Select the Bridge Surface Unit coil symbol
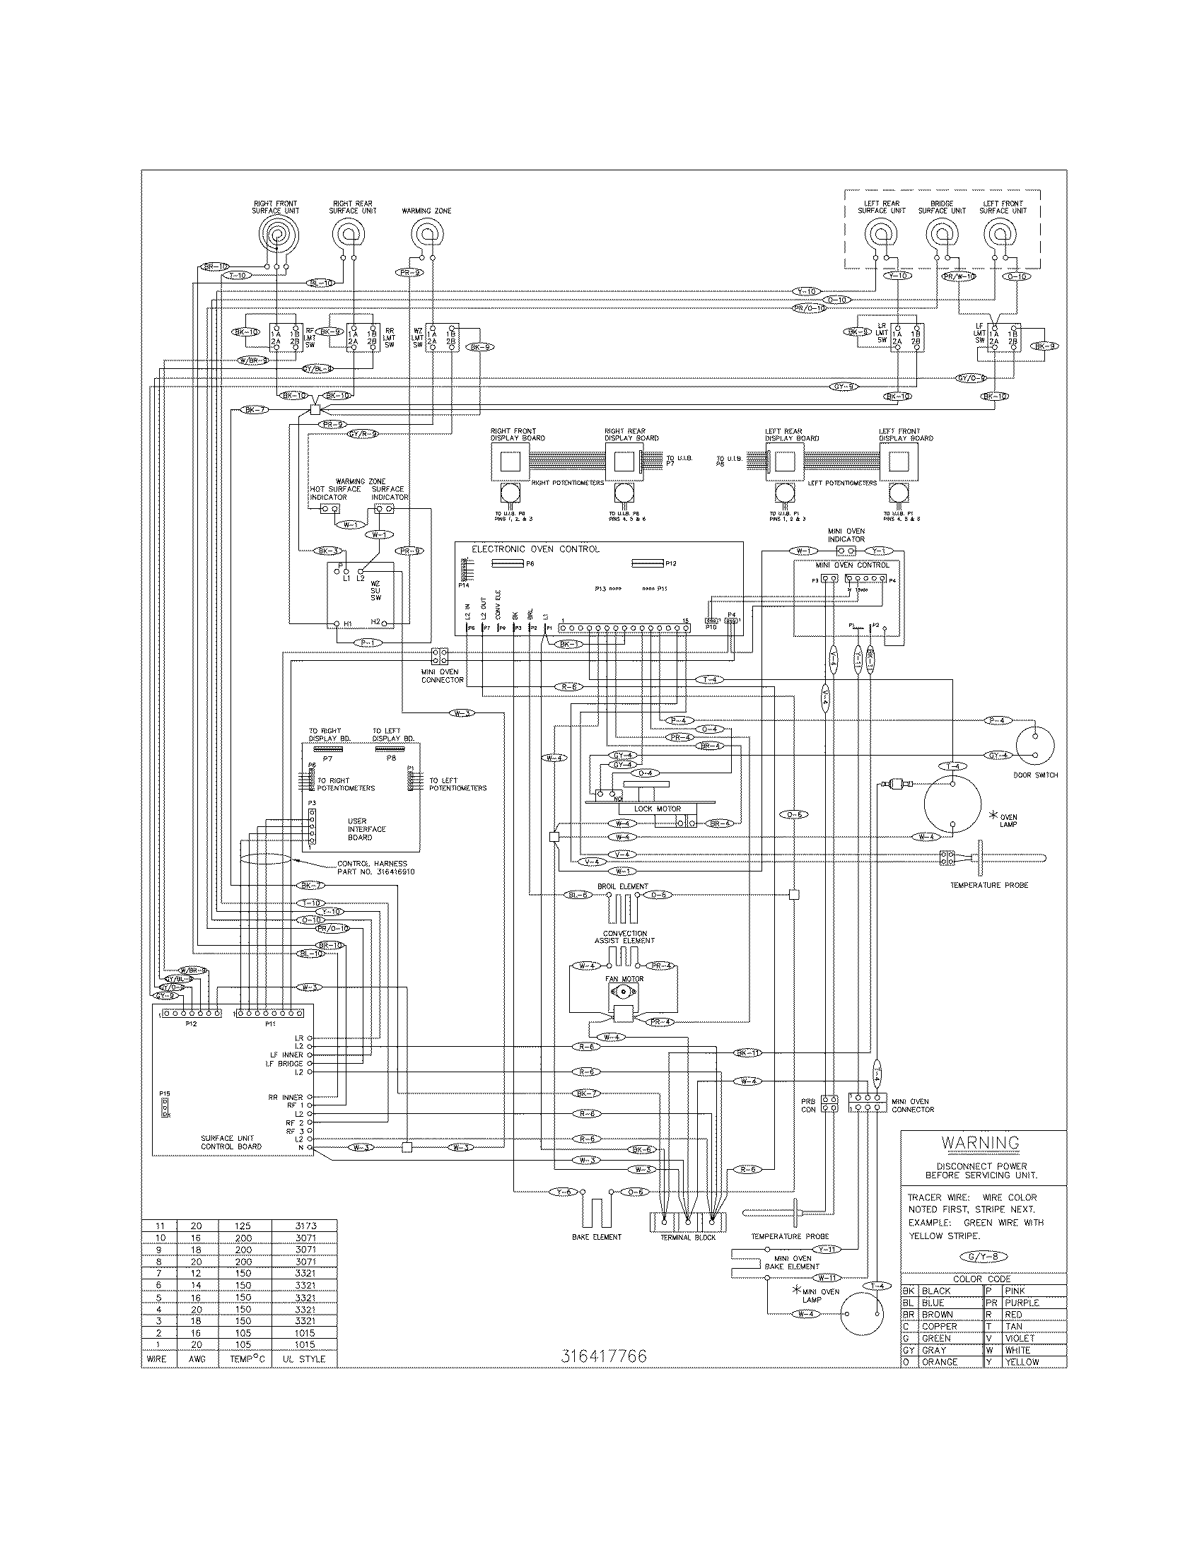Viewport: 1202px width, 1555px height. (x=941, y=233)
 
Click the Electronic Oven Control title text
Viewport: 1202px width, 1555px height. (x=535, y=549)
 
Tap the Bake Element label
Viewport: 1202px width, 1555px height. (x=596, y=1237)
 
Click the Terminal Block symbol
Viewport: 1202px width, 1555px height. (x=687, y=1221)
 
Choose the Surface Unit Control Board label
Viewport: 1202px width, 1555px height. (x=231, y=1142)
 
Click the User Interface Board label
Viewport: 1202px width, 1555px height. (x=367, y=829)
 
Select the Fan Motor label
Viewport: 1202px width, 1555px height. (x=624, y=979)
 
